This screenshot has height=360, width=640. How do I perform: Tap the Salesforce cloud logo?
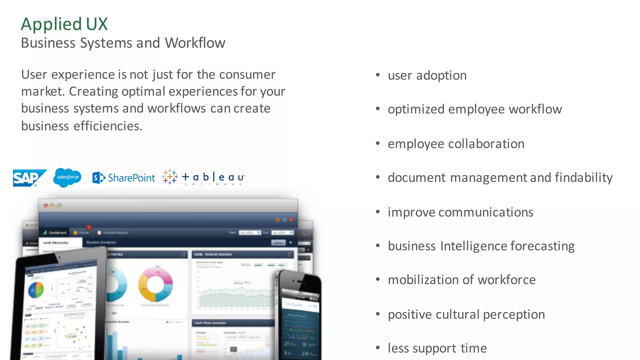[x=67, y=177]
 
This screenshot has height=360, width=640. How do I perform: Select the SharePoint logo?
[x=124, y=178]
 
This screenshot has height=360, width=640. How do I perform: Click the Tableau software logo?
[x=204, y=177]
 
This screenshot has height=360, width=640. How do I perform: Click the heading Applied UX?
[x=64, y=24]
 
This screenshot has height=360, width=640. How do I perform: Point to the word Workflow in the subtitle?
[x=195, y=43]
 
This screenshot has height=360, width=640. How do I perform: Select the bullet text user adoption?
[x=427, y=76]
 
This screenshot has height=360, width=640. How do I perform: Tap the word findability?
[x=584, y=177]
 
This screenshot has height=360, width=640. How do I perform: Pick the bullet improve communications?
[x=460, y=212]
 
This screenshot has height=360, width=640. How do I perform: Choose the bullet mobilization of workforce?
[x=462, y=280]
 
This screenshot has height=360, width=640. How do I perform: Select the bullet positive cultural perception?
[x=466, y=314]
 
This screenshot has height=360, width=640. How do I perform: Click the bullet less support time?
[x=437, y=348]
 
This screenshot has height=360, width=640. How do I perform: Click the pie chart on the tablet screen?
[x=36, y=290]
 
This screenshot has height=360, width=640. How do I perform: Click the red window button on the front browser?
[x=46, y=206]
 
